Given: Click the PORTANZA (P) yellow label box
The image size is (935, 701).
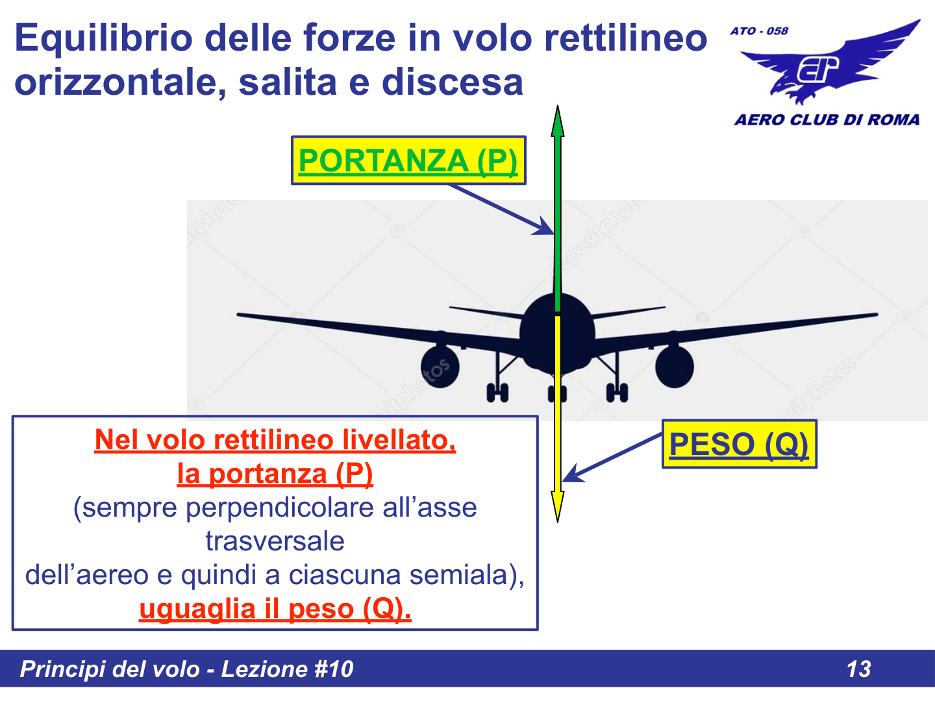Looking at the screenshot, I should click(x=408, y=160).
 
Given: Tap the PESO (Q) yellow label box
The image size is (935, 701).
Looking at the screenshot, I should click(x=739, y=445).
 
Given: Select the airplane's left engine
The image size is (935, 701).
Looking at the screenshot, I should click(x=440, y=367).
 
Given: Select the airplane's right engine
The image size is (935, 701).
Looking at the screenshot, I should click(x=674, y=367).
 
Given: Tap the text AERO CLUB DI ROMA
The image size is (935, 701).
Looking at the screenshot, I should click(x=827, y=120).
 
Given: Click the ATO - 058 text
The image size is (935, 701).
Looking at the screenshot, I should click(x=758, y=31).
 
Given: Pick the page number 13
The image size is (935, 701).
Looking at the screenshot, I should click(x=858, y=669).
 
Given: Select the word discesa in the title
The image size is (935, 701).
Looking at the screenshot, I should click(x=452, y=82).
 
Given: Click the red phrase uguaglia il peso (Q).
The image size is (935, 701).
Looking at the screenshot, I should click(x=275, y=609).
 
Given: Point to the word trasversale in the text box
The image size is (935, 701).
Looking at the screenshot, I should click(x=275, y=541).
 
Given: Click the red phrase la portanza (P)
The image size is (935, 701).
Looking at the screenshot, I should click(x=275, y=474).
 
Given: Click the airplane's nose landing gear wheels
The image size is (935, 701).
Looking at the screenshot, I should click(x=557, y=393).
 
